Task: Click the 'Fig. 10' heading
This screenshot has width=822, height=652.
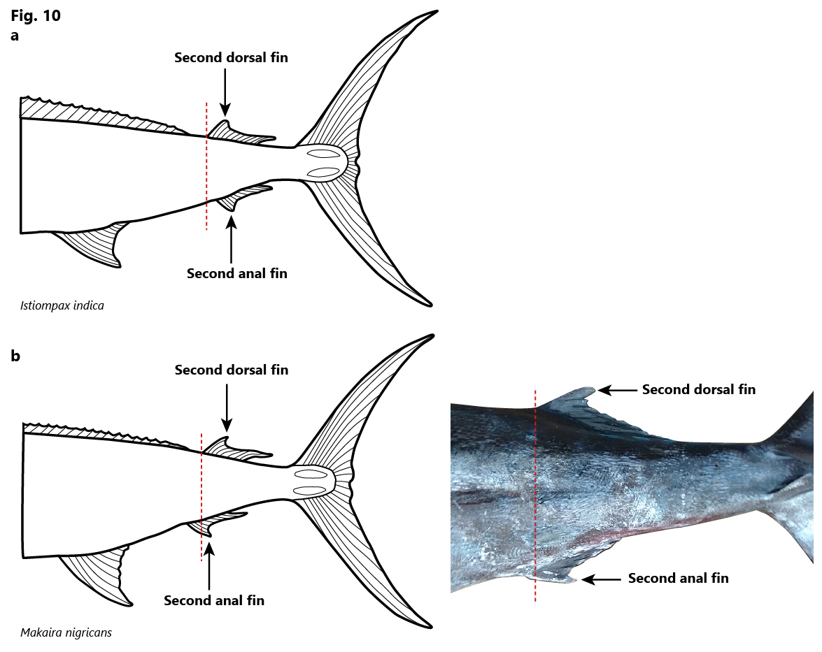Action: tap(36, 15)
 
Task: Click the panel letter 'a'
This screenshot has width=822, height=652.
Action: tap(15, 36)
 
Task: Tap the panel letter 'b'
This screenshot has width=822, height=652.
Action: tap(15, 356)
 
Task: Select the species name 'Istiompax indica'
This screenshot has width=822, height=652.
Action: tap(62, 305)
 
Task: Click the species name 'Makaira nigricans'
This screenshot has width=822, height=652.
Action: tap(66, 632)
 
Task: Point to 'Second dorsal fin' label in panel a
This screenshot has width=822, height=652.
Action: tap(231, 57)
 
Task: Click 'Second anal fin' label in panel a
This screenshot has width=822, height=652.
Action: tap(237, 273)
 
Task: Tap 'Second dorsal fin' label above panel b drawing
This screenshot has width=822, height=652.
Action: tap(232, 370)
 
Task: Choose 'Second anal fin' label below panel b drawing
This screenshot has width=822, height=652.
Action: tap(214, 600)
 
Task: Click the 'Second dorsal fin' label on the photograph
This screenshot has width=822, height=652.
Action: tap(699, 389)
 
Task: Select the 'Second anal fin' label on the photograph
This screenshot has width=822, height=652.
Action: tap(679, 578)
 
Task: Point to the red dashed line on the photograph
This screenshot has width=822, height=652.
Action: tap(535, 495)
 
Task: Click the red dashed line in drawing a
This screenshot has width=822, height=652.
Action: tap(206, 166)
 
